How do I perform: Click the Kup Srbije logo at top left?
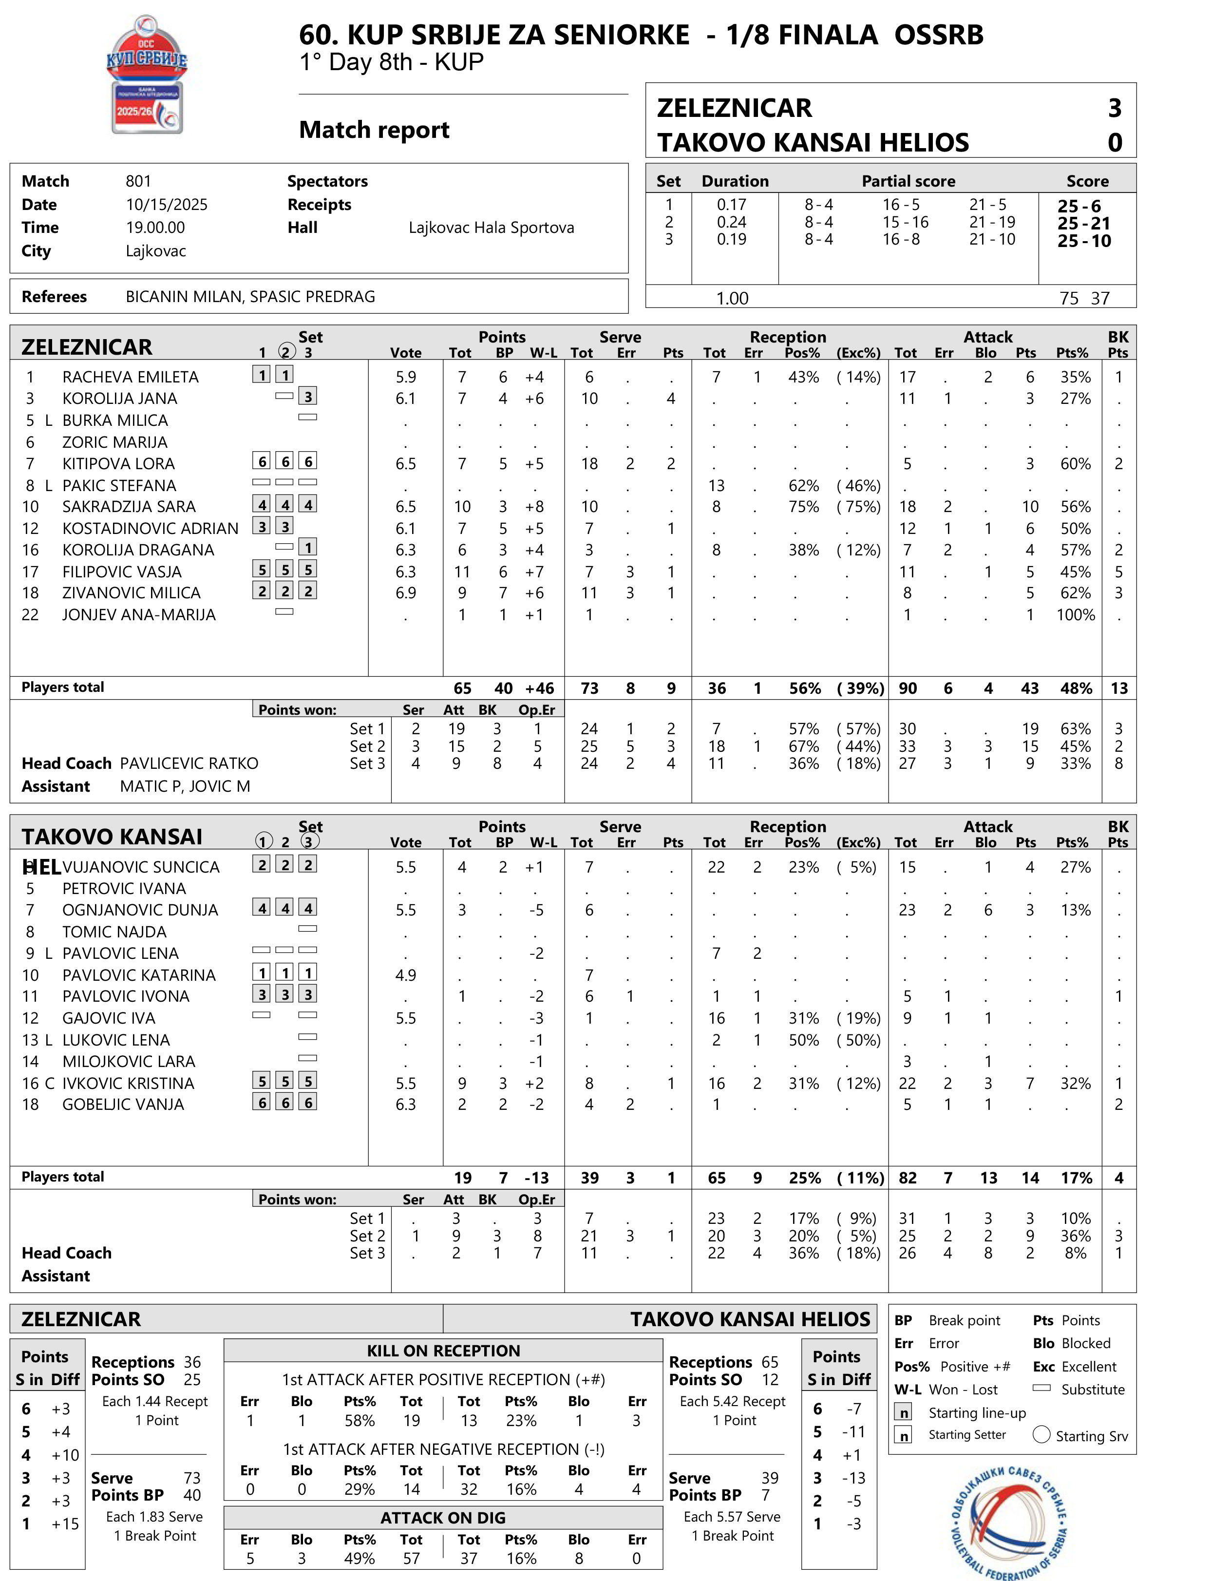pyautogui.click(x=147, y=75)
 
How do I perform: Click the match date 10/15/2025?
pyautogui.click(x=167, y=205)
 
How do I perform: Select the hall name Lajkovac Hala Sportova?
pyautogui.click(x=492, y=228)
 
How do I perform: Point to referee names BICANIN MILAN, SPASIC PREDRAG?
pyautogui.click(x=250, y=297)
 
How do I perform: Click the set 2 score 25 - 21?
pyautogui.click(x=1083, y=223)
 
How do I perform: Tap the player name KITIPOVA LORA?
pyautogui.click(x=118, y=464)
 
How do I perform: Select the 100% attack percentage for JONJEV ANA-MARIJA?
pyautogui.click(x=1075, y=615)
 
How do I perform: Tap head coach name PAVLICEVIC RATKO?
pyautogui.click(x=189, y=763)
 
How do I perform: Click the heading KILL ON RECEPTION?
pyautogui.click(x=443, y=1351)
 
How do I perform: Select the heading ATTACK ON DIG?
pyautogui.click(x=443, y=1518)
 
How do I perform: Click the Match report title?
pyautogui.click(x=374, y=130)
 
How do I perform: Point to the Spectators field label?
pyautogui.click(x=327, y=181)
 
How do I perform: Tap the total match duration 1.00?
pyautogui.click(x=732, y=298)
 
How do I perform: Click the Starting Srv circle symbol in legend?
pyautogui.click(x=1041, y=1434)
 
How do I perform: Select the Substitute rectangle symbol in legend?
pyautogui.click(x=1041, y=1388)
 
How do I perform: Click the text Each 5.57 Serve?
pyautogui.click(x=732, y=1516)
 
